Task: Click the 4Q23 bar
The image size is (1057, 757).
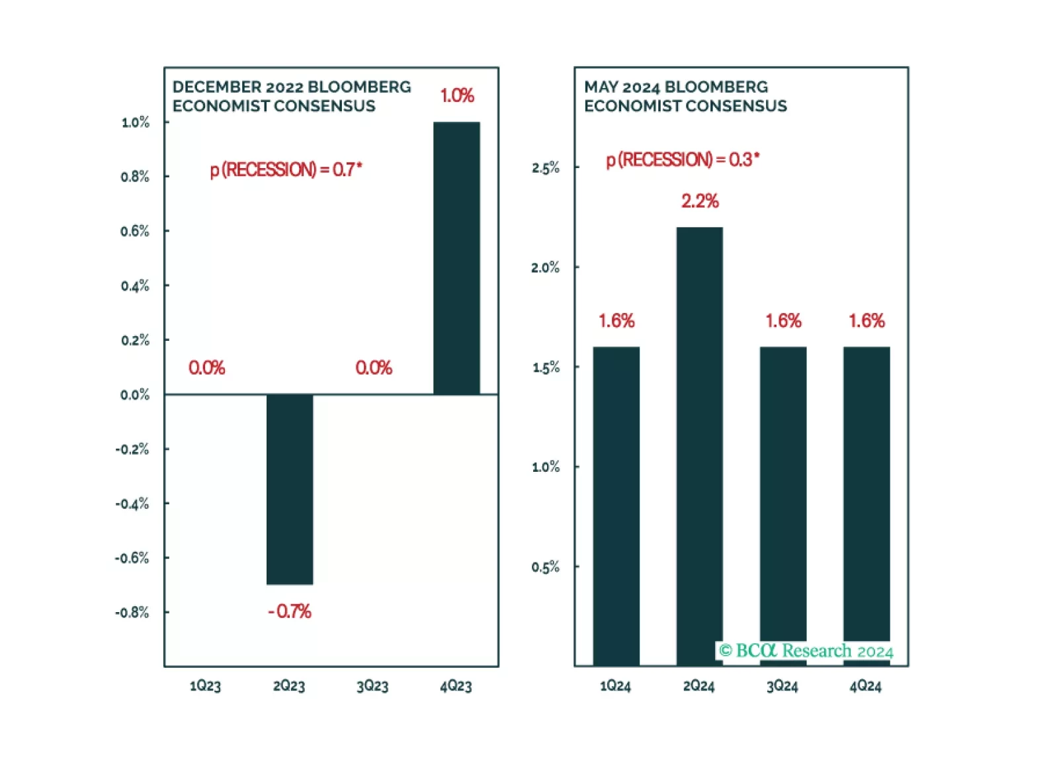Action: pyautogui.click(x=456, y=258)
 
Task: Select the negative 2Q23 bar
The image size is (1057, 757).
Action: pyautogui.click(x=290, y=489)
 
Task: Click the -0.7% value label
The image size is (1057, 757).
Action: pyautogui.click(x=290, y=611)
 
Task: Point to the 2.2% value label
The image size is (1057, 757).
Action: pyautogui.click(x=700, y=201)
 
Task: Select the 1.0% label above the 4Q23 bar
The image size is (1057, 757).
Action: pyautogui.click(x=457, y=96)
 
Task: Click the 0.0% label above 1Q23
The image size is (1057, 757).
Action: pyautogui.click(x=206, y=368)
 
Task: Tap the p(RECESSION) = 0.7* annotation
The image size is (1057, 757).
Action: pyautogui.click(x=286, y=169)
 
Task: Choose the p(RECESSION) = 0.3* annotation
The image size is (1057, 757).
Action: pyautogui.click(x=683, y=159)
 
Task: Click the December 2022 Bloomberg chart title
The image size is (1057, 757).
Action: pyautogui.click(x=292, y=97)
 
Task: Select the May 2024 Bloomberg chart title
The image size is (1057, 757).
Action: pyautogui.click(x=685, y=97)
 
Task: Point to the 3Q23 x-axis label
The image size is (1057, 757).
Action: pyautogui.click(x=372, y=686)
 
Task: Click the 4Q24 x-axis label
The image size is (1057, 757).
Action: pyautogui.click(x=866, y=686)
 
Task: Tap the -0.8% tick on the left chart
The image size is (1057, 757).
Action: pyautogui.click(x=132, y=613)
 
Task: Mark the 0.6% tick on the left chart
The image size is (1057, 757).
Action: pyautogui.click(x=135, y=231)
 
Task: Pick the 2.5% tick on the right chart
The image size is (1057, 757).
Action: pyautogui.click(x=546, y=167)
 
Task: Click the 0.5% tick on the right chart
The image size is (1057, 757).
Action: pyautogui.click(x=546, y=567)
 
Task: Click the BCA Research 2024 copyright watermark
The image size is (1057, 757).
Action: pyautogui.click(x=806, y=651)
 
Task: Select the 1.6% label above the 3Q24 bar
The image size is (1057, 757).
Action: pyautogui.click(x=783, y=321)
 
